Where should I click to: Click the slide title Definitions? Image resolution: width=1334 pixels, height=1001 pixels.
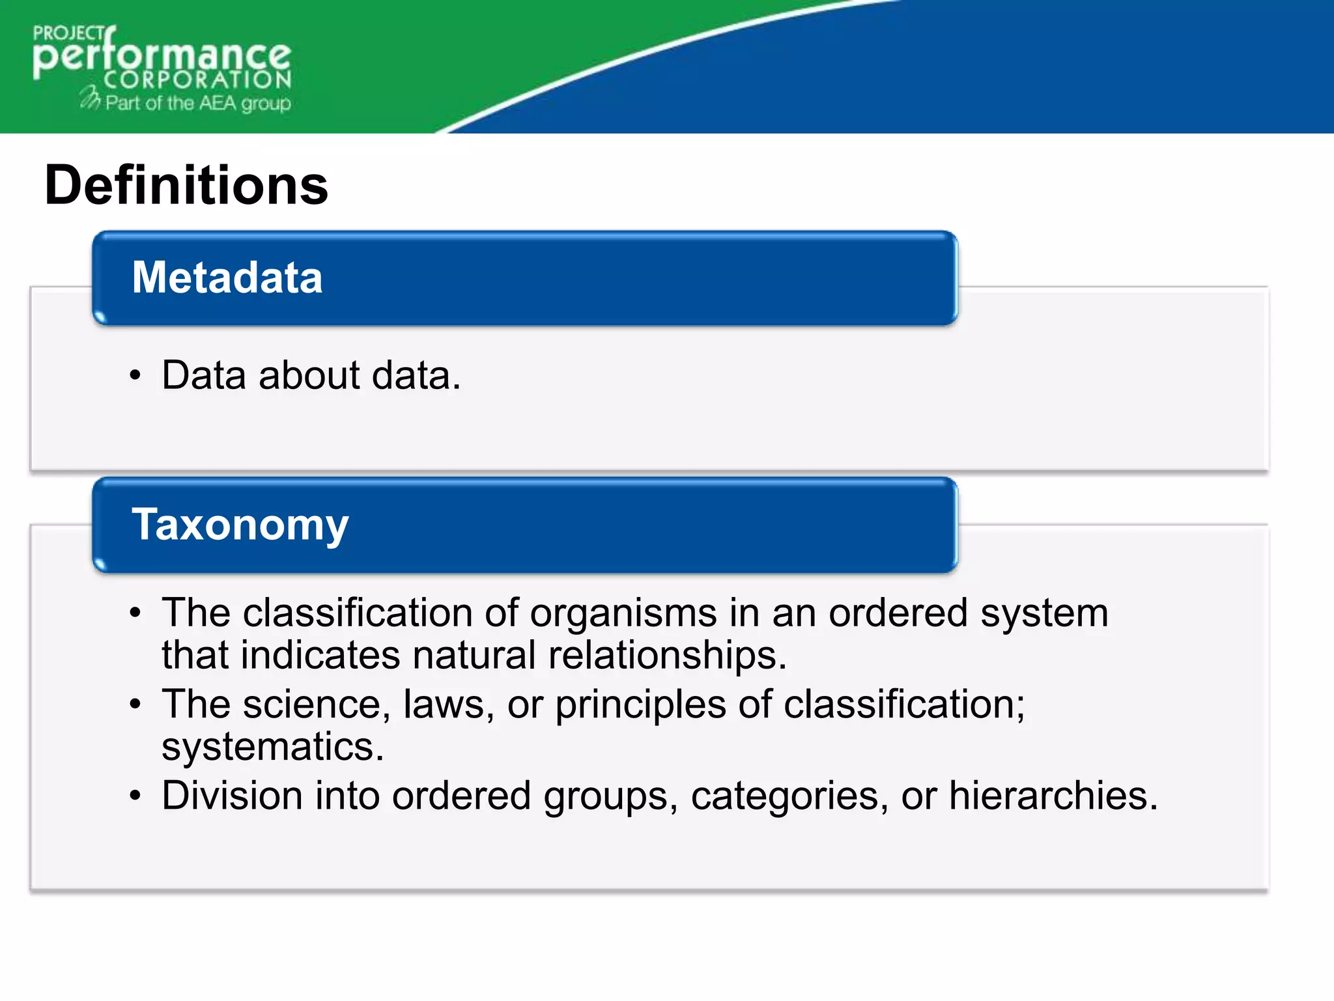point(186,186)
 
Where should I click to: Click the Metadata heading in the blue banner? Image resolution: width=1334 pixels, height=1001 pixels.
point(227,278)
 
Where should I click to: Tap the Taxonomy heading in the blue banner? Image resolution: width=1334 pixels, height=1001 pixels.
point(240,525)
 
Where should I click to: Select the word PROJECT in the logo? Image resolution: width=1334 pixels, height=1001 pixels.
point(68,34)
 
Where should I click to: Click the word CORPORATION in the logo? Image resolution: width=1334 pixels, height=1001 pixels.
point(197,80)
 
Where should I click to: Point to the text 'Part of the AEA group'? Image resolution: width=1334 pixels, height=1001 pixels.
point(198,103)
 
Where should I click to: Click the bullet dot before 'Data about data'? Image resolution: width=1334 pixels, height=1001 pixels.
point(135,376)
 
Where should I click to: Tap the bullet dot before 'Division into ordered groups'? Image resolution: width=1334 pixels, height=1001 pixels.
point(135,796)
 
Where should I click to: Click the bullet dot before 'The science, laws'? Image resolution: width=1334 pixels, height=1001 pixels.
point(135,704)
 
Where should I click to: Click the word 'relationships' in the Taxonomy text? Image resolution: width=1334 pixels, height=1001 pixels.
point(667,655)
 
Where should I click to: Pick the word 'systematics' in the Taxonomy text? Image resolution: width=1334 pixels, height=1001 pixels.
point(272,747)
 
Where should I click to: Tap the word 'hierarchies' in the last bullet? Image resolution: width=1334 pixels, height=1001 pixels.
point(1053,796)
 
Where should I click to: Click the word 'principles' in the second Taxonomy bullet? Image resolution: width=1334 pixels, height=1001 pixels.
point(640,706)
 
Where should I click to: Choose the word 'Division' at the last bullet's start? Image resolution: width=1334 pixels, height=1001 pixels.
point(232,796)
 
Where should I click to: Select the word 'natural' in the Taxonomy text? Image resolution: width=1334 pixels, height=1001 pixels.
point(474,655)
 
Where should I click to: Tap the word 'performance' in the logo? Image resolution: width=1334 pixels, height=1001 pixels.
point(162,57)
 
